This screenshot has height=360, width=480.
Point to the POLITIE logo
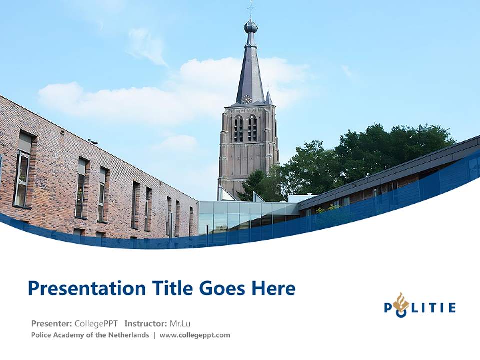[x=419, y=306]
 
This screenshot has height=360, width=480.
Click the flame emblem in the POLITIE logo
[x=400, y=303]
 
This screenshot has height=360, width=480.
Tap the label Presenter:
[x=51, y=323]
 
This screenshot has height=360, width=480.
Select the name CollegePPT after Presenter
[x=96, y=323]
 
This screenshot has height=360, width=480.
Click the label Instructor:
[x=145, y=323]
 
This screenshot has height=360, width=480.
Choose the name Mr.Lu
[x=180, y=323]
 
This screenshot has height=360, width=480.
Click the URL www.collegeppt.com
[x=195, y=335]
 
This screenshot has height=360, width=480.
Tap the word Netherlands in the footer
[x=128, y=335]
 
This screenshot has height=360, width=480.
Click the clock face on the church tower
[x=247, y=99]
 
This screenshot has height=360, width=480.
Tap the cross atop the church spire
[x=251, y=7]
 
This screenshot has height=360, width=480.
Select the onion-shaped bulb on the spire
[x=251, y=26]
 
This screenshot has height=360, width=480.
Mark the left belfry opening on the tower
[x=239, y=129]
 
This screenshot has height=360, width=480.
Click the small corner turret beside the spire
[x=268, y=97]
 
